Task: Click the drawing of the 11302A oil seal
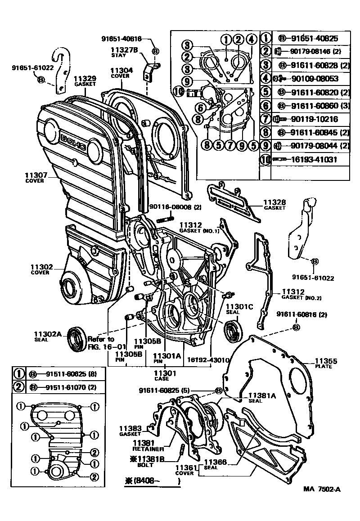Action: (76, 338)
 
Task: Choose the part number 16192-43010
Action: (208, 360)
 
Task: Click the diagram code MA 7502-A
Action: (321, 490)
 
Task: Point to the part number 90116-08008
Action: (169, 207)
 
